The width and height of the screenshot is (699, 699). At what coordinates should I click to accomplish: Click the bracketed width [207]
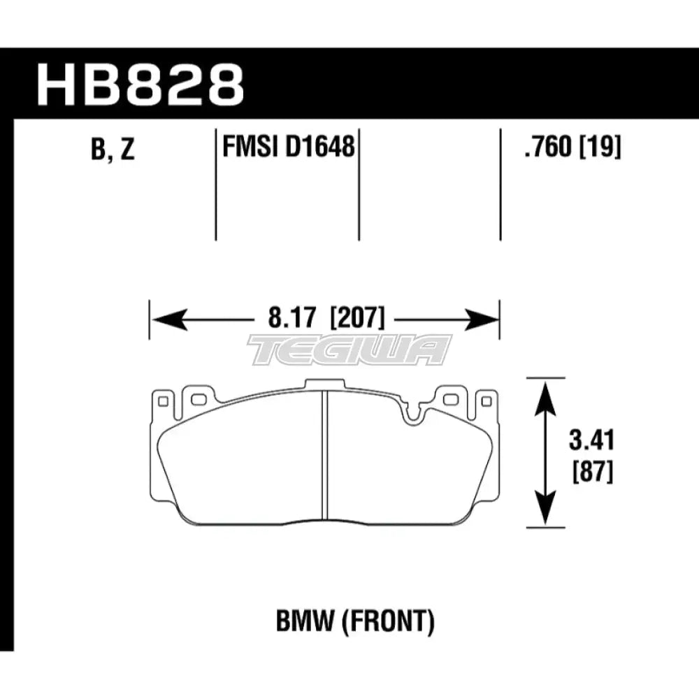click(x=356, y=320)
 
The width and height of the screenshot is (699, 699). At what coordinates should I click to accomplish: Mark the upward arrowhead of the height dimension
click(x=543, y=391)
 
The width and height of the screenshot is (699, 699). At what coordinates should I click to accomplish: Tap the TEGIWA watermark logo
click(x=349, y=349)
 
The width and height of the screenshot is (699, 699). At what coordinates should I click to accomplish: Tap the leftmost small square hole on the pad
click(x=165, y=401)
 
